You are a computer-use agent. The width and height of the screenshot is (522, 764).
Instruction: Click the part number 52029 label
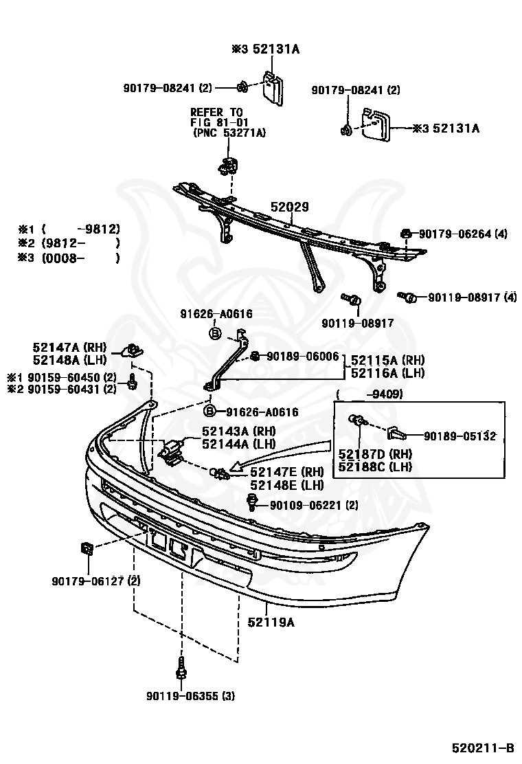[x=289, y=207]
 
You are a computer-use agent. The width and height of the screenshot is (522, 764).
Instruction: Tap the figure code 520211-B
[x=482, y=748]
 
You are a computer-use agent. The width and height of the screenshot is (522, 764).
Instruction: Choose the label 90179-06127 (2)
[x=95, y=581]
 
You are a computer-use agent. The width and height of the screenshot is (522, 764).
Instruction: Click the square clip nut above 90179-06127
[x=86, y=549]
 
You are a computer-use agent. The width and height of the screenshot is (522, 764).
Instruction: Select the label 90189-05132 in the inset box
[x=459, y=436]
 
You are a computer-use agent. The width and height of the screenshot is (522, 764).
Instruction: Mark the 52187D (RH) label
[x=374, y=453]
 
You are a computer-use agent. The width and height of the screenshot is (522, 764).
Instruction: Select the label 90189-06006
[x=302, y=356]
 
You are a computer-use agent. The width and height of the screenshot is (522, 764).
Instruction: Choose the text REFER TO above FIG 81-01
[x=216, y=112]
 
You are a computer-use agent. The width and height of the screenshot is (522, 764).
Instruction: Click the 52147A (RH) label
[x=65, y=348]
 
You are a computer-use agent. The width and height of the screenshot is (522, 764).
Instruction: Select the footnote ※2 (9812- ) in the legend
[x=69, y=243]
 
